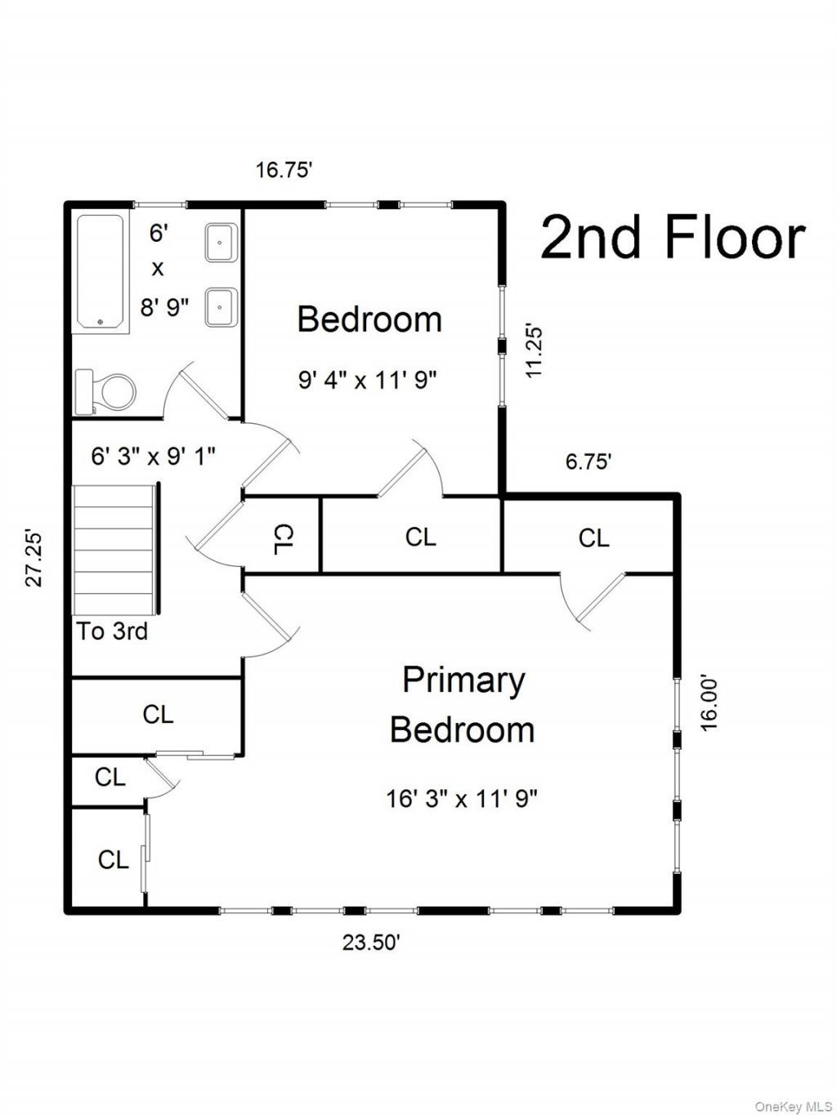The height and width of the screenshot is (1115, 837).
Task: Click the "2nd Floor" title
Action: click(673, 238)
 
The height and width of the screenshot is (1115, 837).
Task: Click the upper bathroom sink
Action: click(221, 243)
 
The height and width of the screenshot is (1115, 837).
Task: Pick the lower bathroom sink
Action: click(221, 307)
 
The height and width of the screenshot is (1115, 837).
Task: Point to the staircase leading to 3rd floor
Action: click(117, 550)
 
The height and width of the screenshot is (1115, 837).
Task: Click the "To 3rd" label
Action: click(112, 631)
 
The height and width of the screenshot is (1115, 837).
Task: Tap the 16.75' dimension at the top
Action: click(283, 170)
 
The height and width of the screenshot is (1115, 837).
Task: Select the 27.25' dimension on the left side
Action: click(34, 559)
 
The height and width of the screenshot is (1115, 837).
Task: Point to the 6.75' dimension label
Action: click(588, 462)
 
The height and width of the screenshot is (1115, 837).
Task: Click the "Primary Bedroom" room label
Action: click(463, 705)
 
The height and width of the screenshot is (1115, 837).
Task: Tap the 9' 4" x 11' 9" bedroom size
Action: click(368, 380)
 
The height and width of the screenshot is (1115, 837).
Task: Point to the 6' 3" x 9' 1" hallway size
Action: click(154, 457)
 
